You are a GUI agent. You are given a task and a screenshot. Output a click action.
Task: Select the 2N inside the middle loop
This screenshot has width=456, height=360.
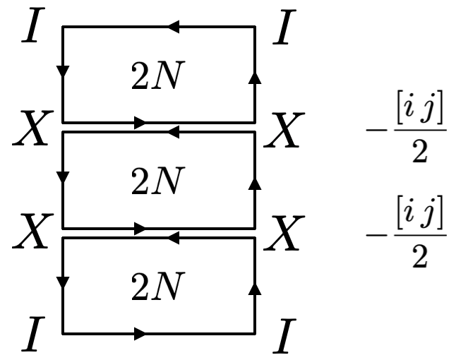[157, 183]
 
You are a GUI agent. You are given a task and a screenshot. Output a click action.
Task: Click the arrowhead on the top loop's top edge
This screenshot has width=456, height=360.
[173, 28]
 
